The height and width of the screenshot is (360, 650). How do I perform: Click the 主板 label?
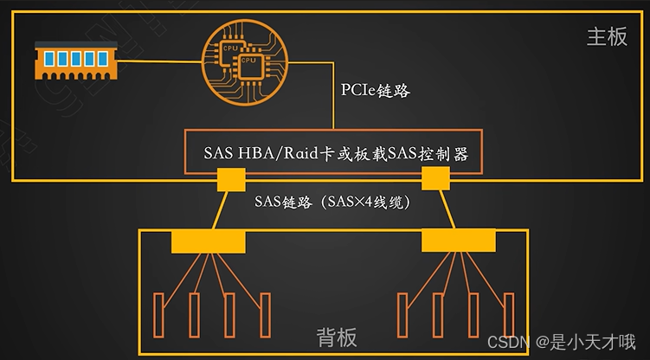click(607, 38)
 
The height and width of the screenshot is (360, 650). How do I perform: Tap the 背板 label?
click(337, 337)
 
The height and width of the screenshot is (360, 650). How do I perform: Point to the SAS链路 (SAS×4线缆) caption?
click(331, 202)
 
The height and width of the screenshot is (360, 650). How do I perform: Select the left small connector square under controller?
click(229, 180)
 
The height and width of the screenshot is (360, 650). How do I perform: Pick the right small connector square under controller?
click(434, 179)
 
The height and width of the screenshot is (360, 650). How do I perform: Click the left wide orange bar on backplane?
click(208, 241)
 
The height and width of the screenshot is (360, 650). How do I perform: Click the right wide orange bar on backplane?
click(458, 241)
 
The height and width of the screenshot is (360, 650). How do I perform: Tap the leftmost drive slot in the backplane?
click(158, 315)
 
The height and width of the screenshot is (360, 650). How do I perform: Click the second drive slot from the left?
click(192, 315)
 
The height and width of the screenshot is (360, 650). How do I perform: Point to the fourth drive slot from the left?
click(263, 315)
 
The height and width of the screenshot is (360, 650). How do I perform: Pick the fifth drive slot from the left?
click(401, 315)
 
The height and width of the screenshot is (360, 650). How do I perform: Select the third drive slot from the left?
click(228, 315)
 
